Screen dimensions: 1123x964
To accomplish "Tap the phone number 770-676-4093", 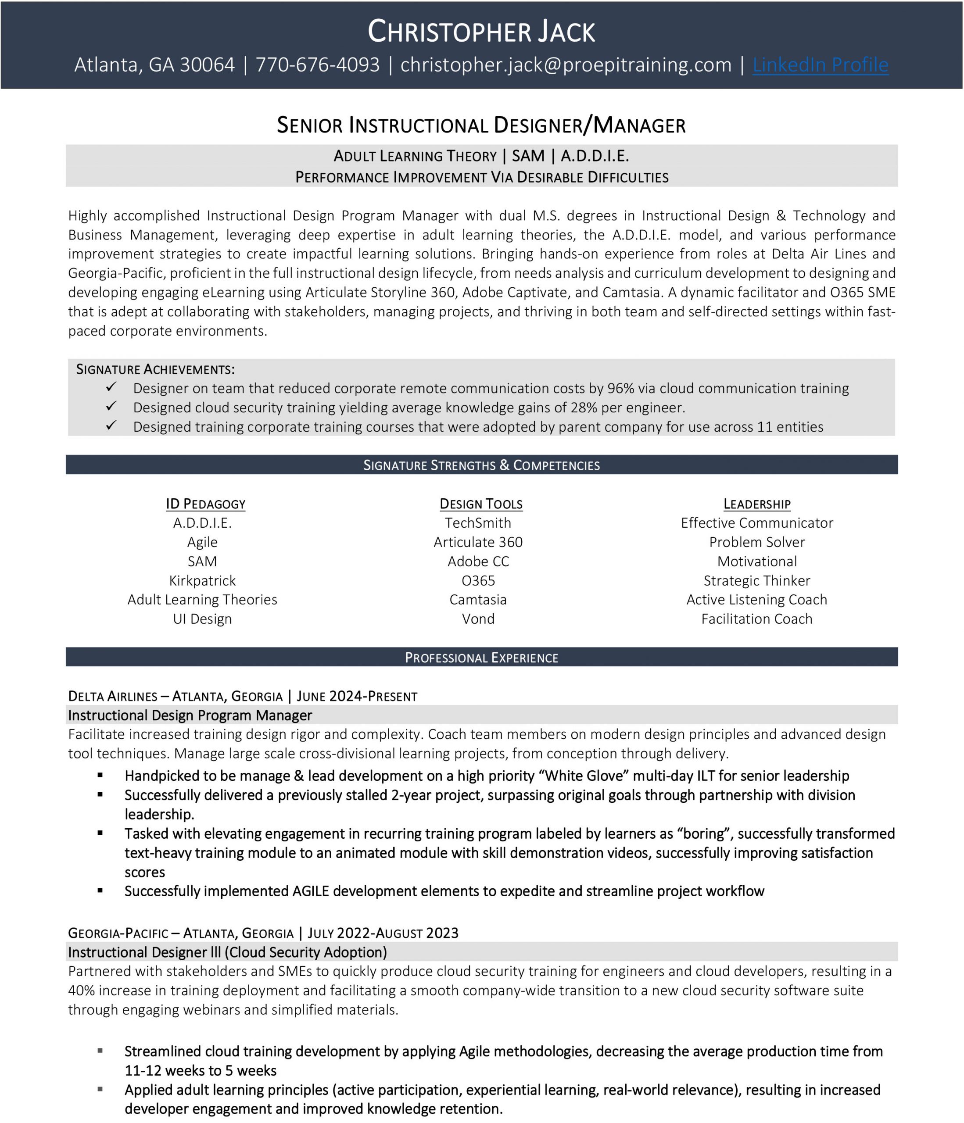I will click(318, 65).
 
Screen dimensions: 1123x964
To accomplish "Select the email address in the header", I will click(566, 65).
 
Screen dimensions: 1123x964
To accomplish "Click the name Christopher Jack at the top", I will click(481, 32).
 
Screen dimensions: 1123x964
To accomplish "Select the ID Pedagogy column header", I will click(205, 504).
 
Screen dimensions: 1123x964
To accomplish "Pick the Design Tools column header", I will click(481, 504).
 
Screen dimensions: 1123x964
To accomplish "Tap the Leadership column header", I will click(757, 504).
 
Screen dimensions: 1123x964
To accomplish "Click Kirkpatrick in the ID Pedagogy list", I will click(202, 581).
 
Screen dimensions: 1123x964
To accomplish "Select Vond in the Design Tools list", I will click(478, 619).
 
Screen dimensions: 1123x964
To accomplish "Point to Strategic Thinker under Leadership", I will click(757, 581).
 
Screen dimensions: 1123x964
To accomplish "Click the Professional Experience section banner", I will click(481, 658).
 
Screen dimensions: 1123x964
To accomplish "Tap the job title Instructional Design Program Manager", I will click(190, 715).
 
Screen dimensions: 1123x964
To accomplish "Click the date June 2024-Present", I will click(357, 697).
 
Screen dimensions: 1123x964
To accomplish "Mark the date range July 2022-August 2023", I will click(383, 933).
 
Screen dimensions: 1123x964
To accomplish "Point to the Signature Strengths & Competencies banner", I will click(481, 465).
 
